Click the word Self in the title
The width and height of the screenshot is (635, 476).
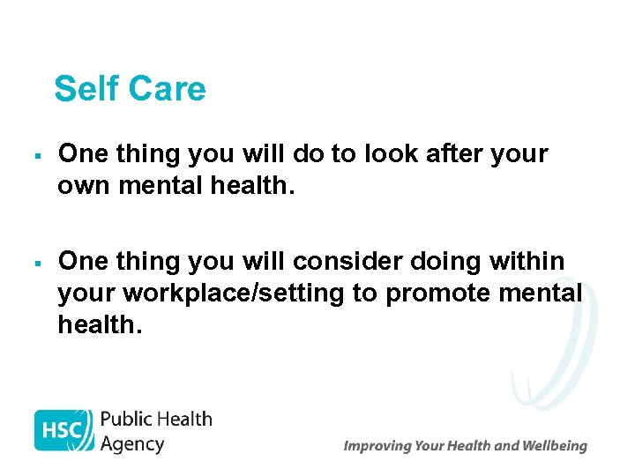[86, 89]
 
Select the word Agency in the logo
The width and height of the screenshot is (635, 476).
[132, 443]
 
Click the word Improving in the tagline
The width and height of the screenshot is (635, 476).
[378, 446]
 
